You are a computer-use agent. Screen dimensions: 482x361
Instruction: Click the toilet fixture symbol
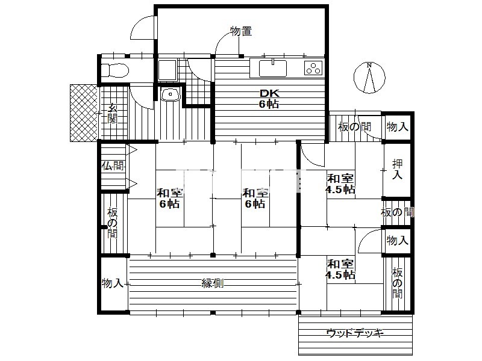pos(115,70)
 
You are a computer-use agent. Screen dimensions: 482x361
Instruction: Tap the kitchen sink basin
pos(273,68)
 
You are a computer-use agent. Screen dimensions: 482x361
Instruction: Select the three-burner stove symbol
pos(313,68)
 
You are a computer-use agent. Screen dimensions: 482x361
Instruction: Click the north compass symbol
pos(369,78)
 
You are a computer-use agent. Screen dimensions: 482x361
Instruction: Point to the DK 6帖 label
pos(269,99)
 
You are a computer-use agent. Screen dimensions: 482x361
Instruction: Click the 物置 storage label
pos(241,31)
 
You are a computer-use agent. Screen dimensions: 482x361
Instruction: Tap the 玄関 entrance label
pos(113,113)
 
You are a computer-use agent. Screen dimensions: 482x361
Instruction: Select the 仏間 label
pos(113,166)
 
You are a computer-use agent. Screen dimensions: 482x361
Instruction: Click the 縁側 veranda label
pos(213,283)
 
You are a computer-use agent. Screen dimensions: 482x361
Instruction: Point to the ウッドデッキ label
pos(355,333)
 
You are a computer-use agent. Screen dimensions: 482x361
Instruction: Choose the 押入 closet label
pos(397,170)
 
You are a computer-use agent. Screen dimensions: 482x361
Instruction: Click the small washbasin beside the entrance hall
pos(171,94)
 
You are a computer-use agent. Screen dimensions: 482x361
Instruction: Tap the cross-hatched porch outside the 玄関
pos(84,113)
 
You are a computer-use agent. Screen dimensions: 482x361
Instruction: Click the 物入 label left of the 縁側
pos(113,283)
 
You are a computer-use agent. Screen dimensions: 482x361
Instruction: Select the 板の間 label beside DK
pos(354,127)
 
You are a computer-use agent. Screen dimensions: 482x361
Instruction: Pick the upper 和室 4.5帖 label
pos(340,184)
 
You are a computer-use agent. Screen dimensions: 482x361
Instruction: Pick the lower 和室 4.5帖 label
pos(340,269)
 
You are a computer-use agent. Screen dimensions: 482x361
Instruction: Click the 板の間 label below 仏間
pos(113,223)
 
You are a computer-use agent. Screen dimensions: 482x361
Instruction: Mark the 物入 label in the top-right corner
pos(398,126)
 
